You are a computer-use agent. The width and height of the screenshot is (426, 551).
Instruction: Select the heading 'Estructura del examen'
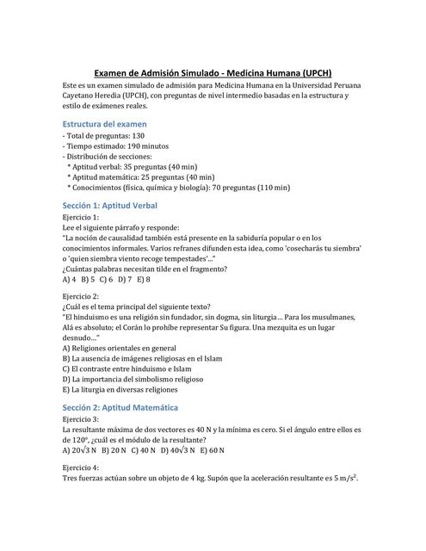tap(104, 124)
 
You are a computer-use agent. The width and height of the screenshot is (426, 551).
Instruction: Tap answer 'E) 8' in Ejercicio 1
tap(142, 279)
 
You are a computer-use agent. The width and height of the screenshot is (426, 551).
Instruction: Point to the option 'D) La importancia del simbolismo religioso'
tap(139, 379)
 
